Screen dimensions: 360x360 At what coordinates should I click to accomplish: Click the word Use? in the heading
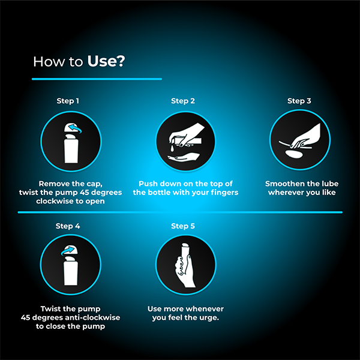coord(106,61)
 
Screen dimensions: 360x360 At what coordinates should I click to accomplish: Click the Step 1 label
coord(68,101)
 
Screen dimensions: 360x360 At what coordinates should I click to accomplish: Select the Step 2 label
coord(183,101)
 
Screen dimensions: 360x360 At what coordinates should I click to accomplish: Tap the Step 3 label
coord(299,101)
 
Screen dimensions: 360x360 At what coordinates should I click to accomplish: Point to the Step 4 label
coord(68,226)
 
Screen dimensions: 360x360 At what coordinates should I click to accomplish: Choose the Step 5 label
coord(183,226)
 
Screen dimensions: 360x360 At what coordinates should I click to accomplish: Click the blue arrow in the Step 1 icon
coord(74,128)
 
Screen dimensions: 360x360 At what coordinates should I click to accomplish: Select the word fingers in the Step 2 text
coord(221,193)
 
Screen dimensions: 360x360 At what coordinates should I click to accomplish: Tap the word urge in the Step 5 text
coord(208,317)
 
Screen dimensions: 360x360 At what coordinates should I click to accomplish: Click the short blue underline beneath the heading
coord(97,79)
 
